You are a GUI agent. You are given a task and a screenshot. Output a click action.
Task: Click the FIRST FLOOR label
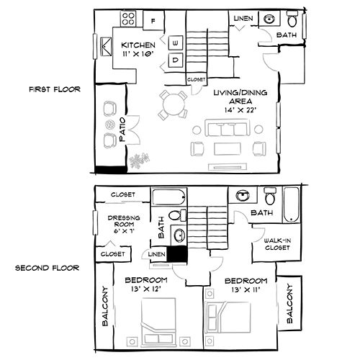click(x=54, y=90)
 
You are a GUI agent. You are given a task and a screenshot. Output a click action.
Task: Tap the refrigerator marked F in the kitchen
click(x=153, y=21)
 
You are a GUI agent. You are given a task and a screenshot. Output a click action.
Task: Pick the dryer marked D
click(x=176, y=61)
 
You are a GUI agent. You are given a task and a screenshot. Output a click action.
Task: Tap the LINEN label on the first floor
click(x=243, y=17)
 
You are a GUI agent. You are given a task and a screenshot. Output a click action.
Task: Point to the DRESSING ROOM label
click(x=123, y=223)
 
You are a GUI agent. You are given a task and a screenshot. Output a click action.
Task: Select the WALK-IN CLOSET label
click(x=277, y=244)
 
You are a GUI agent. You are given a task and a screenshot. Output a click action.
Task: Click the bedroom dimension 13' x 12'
click(x=145, y=290)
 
